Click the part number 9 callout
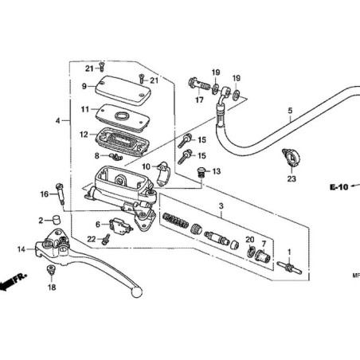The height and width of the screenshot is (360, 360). click(83, 86)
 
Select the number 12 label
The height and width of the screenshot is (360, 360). click(83, 134)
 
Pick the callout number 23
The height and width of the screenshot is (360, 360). click(292, 179)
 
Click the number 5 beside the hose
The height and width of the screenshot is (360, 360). click(290, 110)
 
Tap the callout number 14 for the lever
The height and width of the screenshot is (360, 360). click(21, 249)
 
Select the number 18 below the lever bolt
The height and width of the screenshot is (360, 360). click(53, 288)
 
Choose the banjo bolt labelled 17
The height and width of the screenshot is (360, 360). click(198, 83)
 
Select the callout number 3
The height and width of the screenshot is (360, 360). click(220, 206)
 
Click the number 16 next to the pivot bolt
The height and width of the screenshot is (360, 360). click(44, 194)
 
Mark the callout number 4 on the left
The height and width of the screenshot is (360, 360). click(57, 120)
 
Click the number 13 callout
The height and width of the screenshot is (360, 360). click(217, 171)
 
